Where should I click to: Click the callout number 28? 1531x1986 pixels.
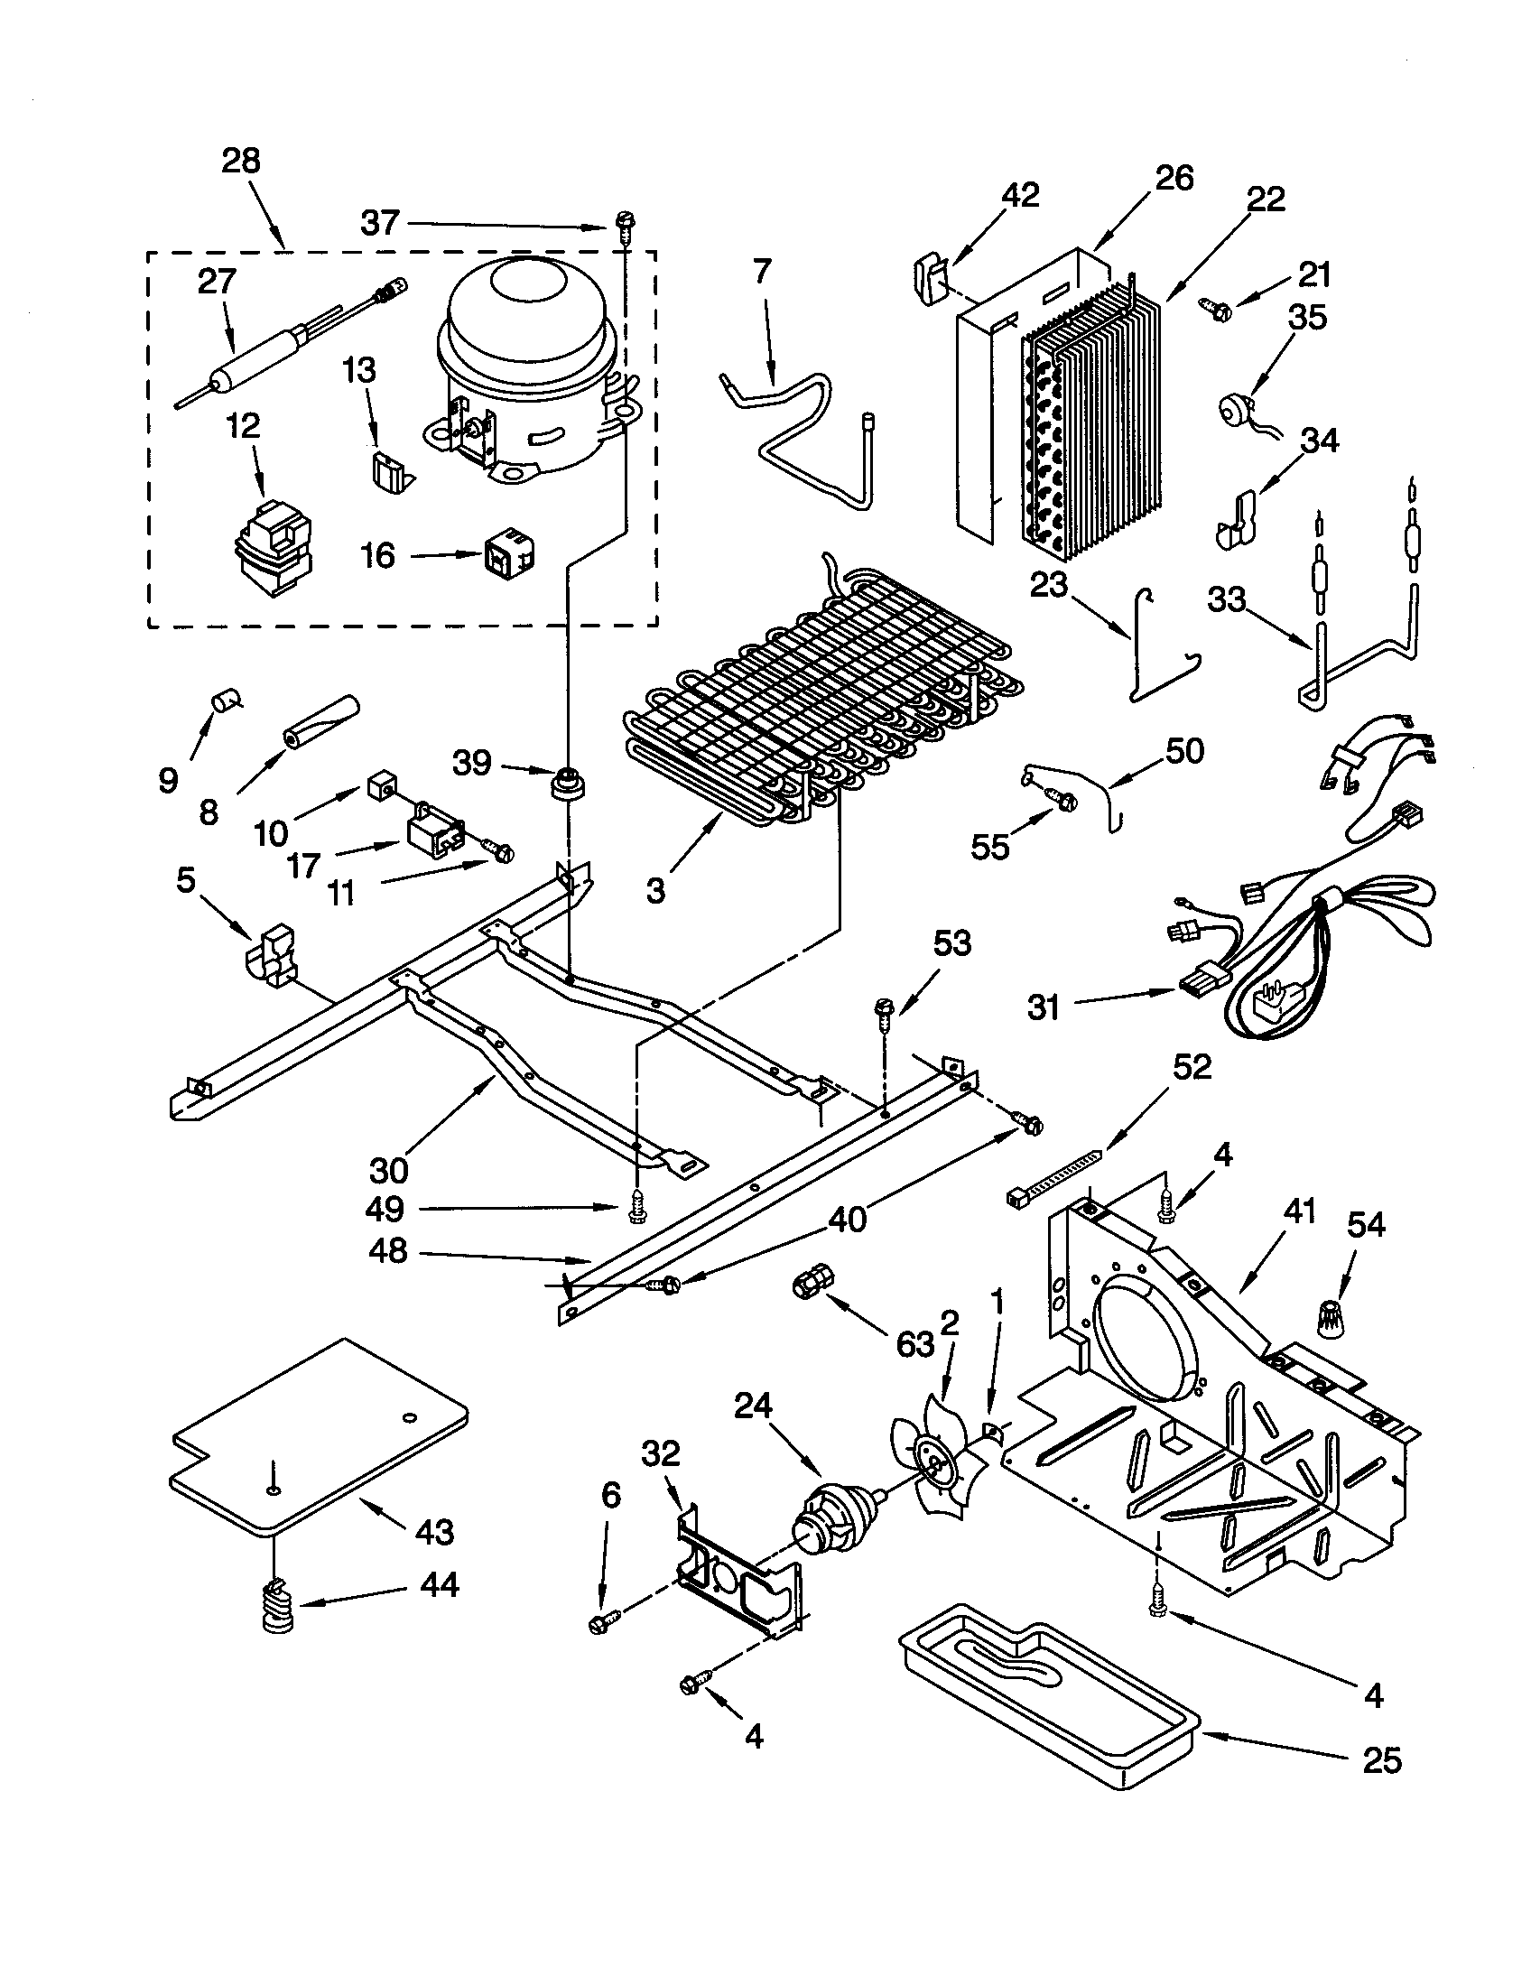[x=241, y=161]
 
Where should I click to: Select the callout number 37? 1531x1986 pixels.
[x=380, y=223]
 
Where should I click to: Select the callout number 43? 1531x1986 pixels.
[x=434, y=1532]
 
